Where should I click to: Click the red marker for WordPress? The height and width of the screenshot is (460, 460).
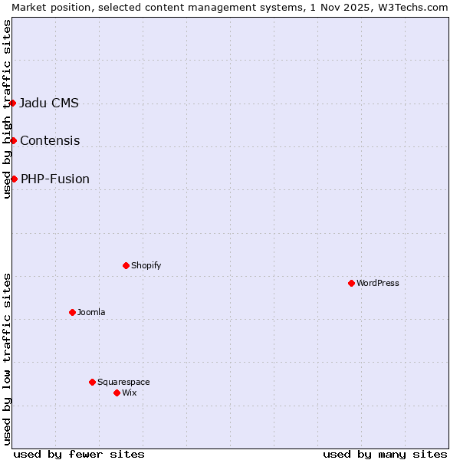[x=351, y=283]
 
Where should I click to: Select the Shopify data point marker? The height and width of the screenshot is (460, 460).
[x=126, y=265]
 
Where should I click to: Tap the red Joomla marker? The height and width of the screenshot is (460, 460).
[x=72, y=312]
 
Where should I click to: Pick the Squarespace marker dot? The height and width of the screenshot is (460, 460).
[x=92, y=382]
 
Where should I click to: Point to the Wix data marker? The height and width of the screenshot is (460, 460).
[x=117, y=393]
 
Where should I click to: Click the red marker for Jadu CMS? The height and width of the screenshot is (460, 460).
[x=13, y=103]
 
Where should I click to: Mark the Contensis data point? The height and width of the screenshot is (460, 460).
[x=13, y=140]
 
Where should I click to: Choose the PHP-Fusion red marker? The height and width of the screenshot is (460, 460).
[x=14, y=179]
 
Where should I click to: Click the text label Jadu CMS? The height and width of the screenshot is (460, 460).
[x=49, y=103]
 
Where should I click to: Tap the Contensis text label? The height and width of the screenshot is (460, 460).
[x=50, y=141]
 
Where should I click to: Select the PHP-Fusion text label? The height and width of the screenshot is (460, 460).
[x=55, y=179]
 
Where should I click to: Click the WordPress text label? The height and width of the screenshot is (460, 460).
[x=378, y=284]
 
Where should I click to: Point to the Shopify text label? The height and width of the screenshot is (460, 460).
[x=146, y=266]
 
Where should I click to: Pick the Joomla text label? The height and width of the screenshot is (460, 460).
[x=91, y=313]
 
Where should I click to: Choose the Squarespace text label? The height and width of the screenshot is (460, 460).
[x=123, y=383]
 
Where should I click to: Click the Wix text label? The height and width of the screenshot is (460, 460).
[x=129, y=393]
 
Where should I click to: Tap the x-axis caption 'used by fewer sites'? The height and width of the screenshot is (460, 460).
[x=79, y=455]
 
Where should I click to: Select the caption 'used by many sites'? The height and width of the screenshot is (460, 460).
[x=385, y=455]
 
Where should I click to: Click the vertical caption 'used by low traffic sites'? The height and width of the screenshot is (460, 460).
[x=8, y=359]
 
